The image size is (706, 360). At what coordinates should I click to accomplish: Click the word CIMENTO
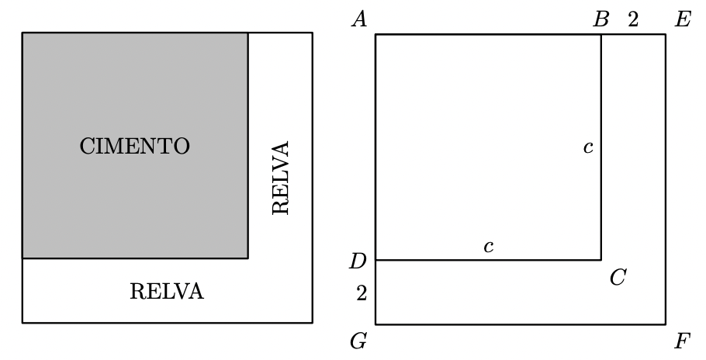pos(135,147)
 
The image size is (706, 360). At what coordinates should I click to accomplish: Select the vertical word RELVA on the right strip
pos(281,178)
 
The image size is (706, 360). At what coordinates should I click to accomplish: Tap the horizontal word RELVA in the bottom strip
pos(167,292)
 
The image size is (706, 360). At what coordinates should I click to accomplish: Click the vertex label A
pos(358,19)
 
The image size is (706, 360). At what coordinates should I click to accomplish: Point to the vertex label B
pos(600,19)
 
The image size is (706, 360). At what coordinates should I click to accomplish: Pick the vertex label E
pos(683,19)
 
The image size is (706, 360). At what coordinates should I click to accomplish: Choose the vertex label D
pos(358,261)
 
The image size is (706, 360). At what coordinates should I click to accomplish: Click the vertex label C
pos(618,278)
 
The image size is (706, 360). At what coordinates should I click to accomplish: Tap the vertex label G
pos(358,341)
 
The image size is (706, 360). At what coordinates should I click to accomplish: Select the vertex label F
pos(683,341)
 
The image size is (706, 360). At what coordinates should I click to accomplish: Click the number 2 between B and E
pos(633,20)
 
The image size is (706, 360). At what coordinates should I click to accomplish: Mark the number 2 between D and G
pos(362,293)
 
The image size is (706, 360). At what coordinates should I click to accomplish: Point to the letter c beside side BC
pos(588,147)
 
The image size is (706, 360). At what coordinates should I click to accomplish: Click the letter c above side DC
pos(488,247)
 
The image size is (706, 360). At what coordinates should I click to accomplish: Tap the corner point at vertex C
pos(600,260)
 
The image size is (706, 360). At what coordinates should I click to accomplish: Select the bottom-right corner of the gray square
pos(247,258)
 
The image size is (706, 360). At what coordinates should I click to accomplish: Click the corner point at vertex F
pos(665,324)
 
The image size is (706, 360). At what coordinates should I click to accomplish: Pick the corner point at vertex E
pos(665,34)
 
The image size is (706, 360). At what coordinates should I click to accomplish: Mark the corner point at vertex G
pos(375,324)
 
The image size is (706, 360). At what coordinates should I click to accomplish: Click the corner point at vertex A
pos(375,34)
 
